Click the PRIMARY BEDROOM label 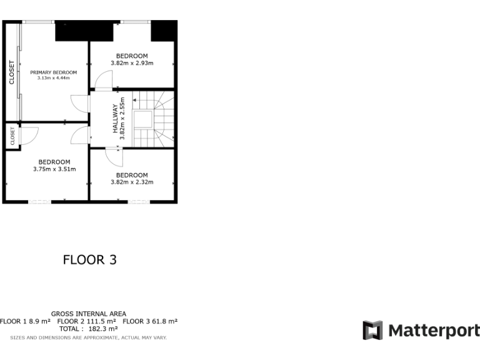pos(54,72)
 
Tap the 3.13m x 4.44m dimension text pos(54,78)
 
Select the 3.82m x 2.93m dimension pos(132,63)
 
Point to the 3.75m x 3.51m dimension pos(54,169)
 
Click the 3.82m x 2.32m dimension pos(132,182)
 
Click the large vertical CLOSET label pos(11,72)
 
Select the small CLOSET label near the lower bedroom pos(12,136)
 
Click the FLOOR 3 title pos(89,259)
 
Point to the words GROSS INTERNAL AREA pos(88,314)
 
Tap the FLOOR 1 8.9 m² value pos(25,321)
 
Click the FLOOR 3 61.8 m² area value pos(150,321)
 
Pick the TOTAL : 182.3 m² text pos(88,329)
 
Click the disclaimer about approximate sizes pos(88,337)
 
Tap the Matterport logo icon pos(372,331)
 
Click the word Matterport pos(434,331)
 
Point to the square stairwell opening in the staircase pos(143,119)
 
